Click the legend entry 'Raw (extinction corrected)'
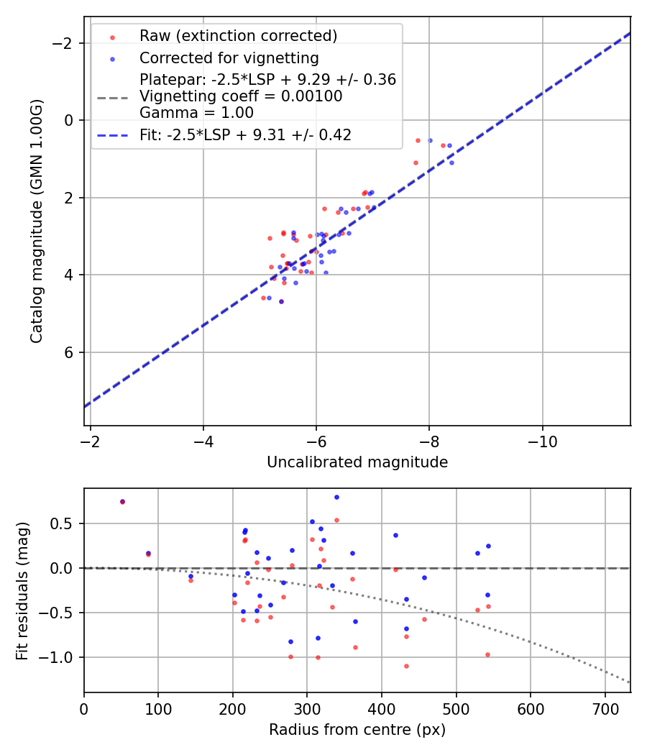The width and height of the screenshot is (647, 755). pos(238,36)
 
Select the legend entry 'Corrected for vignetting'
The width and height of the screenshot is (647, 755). pos(229,58)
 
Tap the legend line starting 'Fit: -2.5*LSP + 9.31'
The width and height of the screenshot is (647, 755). pos(245,135)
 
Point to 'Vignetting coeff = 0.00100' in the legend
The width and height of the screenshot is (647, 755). pos(241,96)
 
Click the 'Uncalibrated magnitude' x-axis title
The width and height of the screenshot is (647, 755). pos(357,462)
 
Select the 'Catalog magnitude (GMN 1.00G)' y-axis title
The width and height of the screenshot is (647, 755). pos(37,221)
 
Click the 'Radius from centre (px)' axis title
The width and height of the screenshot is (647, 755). pos(357,730)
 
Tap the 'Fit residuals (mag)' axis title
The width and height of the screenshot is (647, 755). pos(22,590)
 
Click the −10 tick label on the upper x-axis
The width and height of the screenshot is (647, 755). pos(542,441)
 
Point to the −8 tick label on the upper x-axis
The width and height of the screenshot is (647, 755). pos(429,441)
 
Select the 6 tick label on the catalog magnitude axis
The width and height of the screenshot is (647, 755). pos(70,352)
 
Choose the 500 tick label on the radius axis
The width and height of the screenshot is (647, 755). pos(456,708)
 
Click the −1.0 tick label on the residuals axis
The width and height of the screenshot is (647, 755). pos(60,657)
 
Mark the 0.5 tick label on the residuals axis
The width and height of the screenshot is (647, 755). pos(65,523)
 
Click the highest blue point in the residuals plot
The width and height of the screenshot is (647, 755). pos(336,497)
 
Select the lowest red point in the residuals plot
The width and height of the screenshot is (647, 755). pos(406,666)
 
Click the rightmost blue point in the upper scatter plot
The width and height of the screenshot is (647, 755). pos(451,163)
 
